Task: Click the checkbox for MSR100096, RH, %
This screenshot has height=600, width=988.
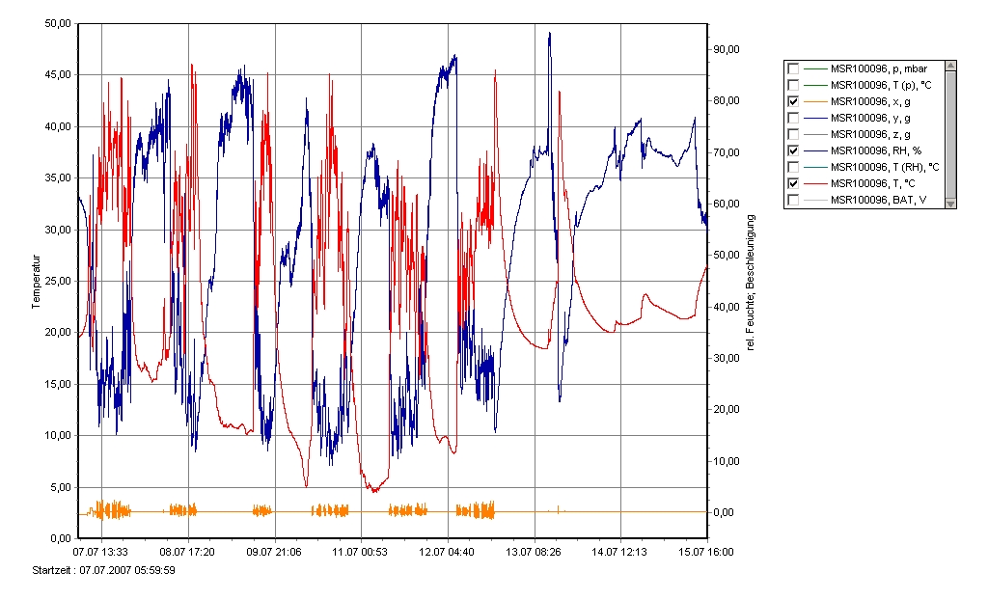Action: click(793, 150)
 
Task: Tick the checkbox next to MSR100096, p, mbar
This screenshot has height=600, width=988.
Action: click(793, 68)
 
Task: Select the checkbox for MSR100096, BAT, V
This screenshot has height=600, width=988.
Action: click(793, 200)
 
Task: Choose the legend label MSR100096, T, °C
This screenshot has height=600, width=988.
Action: click(874, 183)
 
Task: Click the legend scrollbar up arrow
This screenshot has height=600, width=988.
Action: click(950, 66)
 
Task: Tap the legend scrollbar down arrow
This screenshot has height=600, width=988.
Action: click(950, 203)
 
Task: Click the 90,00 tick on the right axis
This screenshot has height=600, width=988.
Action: click(726, 49)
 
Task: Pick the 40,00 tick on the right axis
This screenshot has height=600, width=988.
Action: click(726, 307)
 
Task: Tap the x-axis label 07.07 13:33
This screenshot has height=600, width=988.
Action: click(101, 552)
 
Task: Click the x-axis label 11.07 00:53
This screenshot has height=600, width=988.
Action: click(361, 552)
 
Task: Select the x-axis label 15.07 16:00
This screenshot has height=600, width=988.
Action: click(706, 552)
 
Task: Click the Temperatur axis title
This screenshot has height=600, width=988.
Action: click(37, 281)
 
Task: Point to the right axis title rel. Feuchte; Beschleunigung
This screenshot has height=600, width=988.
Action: click(752, 281)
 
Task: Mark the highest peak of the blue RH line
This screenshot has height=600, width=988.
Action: click(549, 33)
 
